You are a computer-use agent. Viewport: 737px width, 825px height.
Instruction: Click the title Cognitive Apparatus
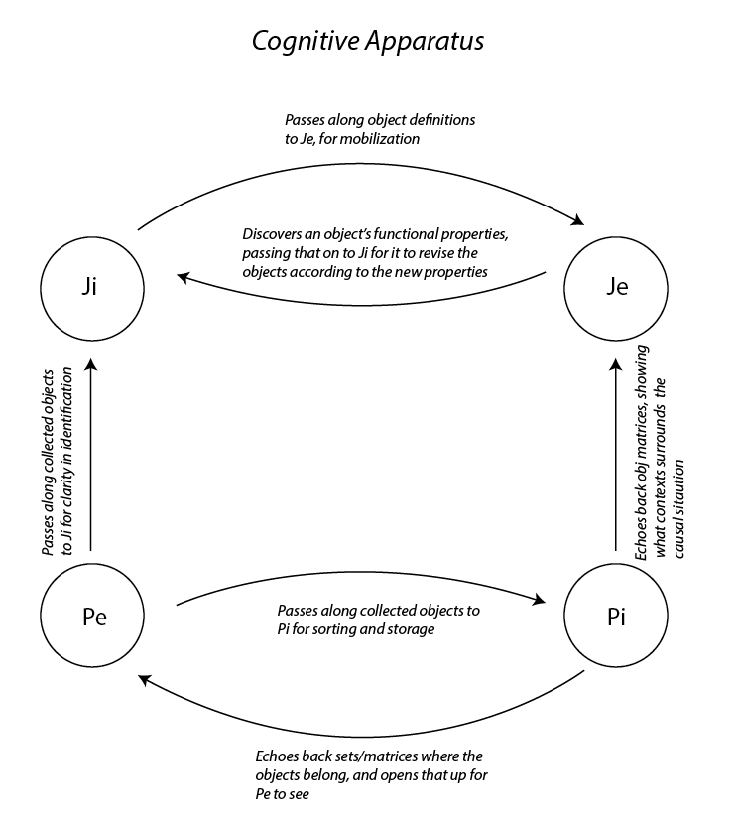tap(368, 41)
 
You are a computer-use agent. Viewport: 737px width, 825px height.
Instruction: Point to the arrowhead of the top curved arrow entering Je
tap(578, 220)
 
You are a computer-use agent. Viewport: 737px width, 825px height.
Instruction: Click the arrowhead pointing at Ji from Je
tap(183, 277)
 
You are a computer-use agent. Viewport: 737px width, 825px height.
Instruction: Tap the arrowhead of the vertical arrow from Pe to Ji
tap(91, 365)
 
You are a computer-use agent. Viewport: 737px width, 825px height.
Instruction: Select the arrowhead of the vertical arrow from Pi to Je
tap(616, 365)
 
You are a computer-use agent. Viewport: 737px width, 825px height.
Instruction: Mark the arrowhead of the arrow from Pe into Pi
tap(540, 600)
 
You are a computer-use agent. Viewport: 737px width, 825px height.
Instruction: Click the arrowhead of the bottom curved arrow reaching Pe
tap(145, 680)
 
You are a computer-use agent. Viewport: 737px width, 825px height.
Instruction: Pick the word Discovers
tap(272, 234)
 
